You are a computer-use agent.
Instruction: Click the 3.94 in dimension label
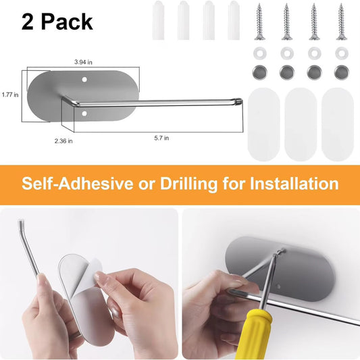(83, 62)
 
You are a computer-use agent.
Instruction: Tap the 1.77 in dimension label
(10, 95)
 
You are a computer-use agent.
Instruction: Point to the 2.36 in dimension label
(63, 140)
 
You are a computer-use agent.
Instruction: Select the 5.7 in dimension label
(161, 138)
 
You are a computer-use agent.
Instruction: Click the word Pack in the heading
(67, 22)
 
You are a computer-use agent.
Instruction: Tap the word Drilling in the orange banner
(188, 184)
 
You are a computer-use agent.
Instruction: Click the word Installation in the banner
(294, 184)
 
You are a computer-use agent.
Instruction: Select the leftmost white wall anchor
(158, 20)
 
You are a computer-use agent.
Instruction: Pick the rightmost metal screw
(342, 22)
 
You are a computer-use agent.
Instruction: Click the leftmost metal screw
(259, 22)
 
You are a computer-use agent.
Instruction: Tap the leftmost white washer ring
(260, 53)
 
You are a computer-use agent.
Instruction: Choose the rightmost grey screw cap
(342, 72)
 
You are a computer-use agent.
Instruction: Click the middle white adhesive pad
(301, 124)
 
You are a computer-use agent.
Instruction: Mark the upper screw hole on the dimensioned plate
(84, 80)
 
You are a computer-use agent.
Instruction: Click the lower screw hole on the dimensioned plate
(84, 113)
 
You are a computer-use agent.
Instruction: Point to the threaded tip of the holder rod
(239, 101)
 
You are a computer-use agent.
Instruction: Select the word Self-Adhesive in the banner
(78, 184)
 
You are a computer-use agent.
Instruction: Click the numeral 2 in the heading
(27, 22)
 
